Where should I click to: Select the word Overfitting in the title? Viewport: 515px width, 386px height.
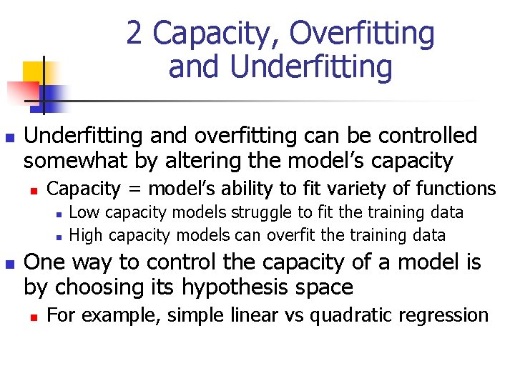click(x=363, y=34)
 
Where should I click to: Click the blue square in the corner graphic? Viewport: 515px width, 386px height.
click(x=51, y=94)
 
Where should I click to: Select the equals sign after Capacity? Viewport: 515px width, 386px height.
click(x=136, y=189)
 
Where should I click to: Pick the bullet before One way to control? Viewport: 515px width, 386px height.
click(x=9, y=264)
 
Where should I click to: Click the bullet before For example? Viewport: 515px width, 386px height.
click(x=33, y=316)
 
